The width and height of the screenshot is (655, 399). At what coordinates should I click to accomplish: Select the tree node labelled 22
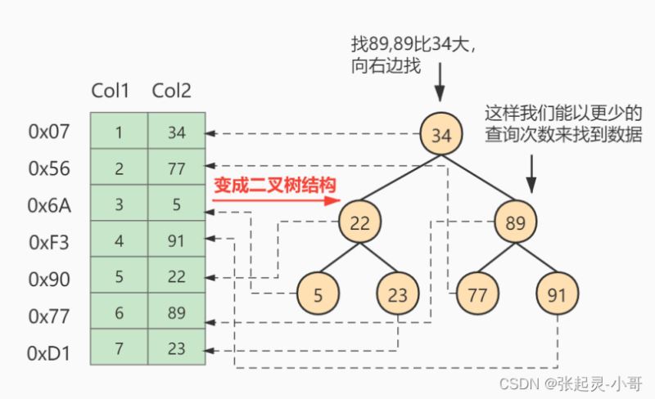coord(359,222)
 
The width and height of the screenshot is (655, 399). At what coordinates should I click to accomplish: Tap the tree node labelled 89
coord(516,222)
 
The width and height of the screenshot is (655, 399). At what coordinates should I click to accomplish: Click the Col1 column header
coord(111,91)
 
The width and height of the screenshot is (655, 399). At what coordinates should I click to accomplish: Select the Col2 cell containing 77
coord(176,168)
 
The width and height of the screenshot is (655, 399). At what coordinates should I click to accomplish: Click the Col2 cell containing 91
coord(176,240)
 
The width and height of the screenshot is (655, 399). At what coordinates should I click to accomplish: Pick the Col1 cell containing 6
coord(119,314)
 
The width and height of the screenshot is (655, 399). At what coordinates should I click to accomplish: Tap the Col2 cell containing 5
coord(176,204)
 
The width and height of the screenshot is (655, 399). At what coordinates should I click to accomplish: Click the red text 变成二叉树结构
coord(275,185)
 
